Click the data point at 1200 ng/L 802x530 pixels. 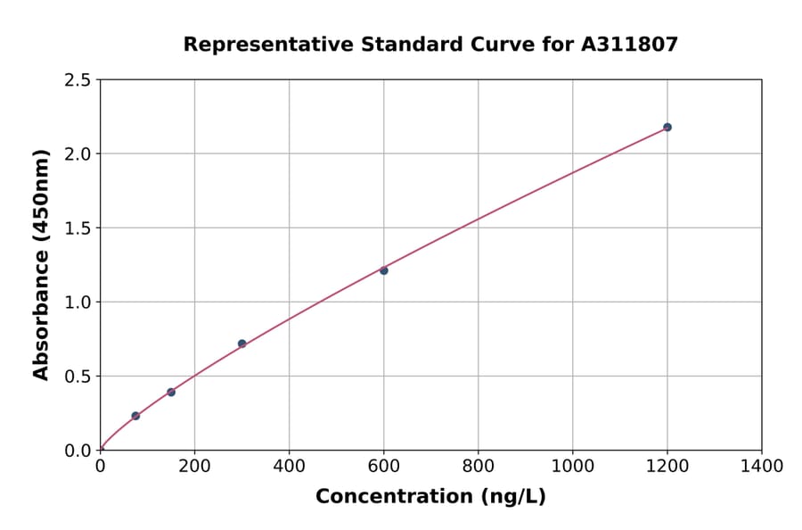pos(667,128)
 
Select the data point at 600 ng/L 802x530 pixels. pos(384,270)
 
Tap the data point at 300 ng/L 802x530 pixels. pos(241,344)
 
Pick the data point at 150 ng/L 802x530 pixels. pos(171,393)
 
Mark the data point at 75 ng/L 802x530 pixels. pos(135,416)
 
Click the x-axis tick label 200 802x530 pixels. pos(194,466)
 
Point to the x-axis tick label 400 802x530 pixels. pos(289,466)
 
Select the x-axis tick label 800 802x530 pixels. pos(479,466)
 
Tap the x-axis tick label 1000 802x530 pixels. pos(572,466)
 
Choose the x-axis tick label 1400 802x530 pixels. pos(761,466)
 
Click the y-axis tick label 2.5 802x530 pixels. pos(78,80)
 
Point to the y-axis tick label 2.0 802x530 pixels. pos(78,154)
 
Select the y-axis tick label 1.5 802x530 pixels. pos(78,228)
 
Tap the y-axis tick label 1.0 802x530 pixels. pos(78,302)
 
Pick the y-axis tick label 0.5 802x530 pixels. pos(78,377)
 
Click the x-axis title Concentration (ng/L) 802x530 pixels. pos(430,496)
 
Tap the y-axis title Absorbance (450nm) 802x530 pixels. pos(41,265)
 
